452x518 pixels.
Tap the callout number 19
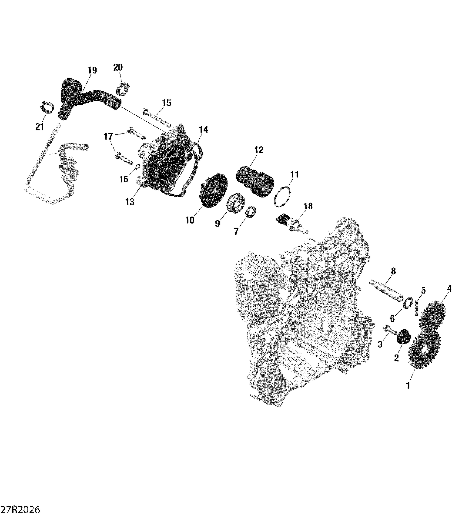pos(92,70)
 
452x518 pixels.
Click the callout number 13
pos(130,202)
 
